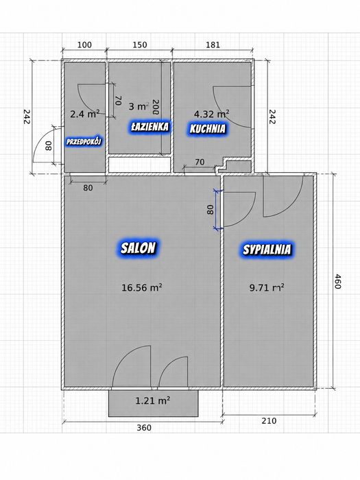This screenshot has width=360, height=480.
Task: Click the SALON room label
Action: [138, 248]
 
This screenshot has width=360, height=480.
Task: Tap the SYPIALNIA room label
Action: [267, 250]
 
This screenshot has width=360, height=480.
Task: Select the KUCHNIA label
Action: [208, 129]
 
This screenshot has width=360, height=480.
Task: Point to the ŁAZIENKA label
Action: [149, 127]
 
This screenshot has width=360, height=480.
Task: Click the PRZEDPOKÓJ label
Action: [84, 141]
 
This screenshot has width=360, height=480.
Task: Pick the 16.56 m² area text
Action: [142, 287]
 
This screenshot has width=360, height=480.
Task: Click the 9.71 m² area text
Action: [267, 287]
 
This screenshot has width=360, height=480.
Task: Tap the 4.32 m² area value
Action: [212, 114]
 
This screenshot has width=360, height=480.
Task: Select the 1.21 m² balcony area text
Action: [153, 400]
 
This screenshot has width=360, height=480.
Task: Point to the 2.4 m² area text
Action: [85, 115]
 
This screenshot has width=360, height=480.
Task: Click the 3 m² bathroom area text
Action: [139, 106]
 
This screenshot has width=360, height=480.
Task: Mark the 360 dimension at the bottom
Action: [144, 427]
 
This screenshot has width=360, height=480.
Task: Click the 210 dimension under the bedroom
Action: [269, 420]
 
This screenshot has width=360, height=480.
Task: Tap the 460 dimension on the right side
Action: [337, 281]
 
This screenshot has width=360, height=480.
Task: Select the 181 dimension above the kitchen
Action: [213, 45]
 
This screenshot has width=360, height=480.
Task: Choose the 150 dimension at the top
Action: [140, 45]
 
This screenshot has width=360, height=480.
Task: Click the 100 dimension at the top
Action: [84, 45]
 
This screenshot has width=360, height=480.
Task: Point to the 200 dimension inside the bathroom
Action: [156, 107]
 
